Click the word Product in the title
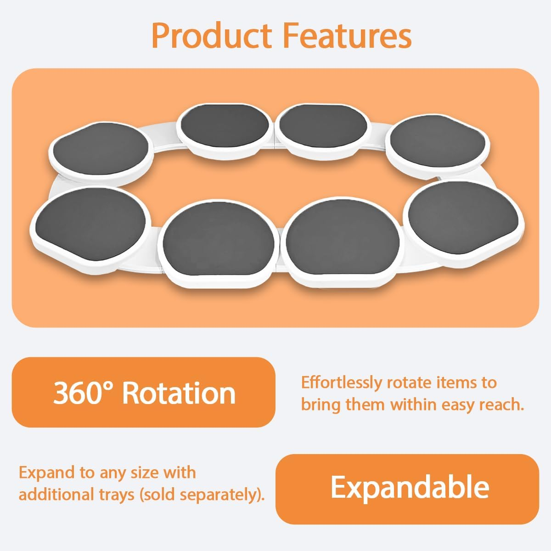click(x=212, y=36)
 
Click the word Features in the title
click(x=347, y=36)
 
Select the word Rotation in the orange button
click(x=179, y=393)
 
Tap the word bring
click(x=320, y=405)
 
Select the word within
click(x=413, y=405)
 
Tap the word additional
click(x=55, y=495)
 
